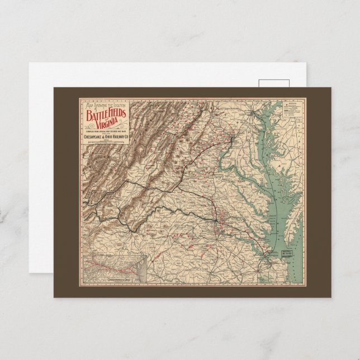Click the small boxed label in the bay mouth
288,252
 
